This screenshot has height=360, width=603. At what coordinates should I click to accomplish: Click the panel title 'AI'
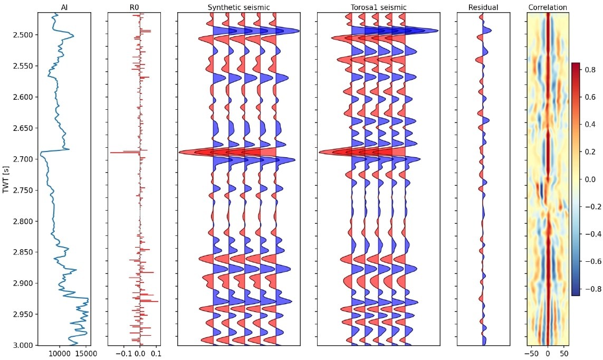click(64, 7)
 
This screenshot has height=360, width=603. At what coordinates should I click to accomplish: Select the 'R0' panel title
click(134, 7)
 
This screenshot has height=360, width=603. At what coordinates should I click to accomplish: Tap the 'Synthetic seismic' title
click(238, 7)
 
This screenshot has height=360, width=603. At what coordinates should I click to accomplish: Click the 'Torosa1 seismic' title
click(378, 7)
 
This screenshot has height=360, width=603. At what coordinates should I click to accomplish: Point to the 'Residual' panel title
click(483, 7)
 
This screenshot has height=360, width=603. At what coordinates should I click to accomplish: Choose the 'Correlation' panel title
click(548, 7)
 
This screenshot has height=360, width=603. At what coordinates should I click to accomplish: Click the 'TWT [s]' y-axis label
click(6, 178)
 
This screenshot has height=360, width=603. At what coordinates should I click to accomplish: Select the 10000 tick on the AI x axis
click(59, 353)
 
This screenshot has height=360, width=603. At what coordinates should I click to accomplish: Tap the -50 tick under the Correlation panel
click(532, 353)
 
